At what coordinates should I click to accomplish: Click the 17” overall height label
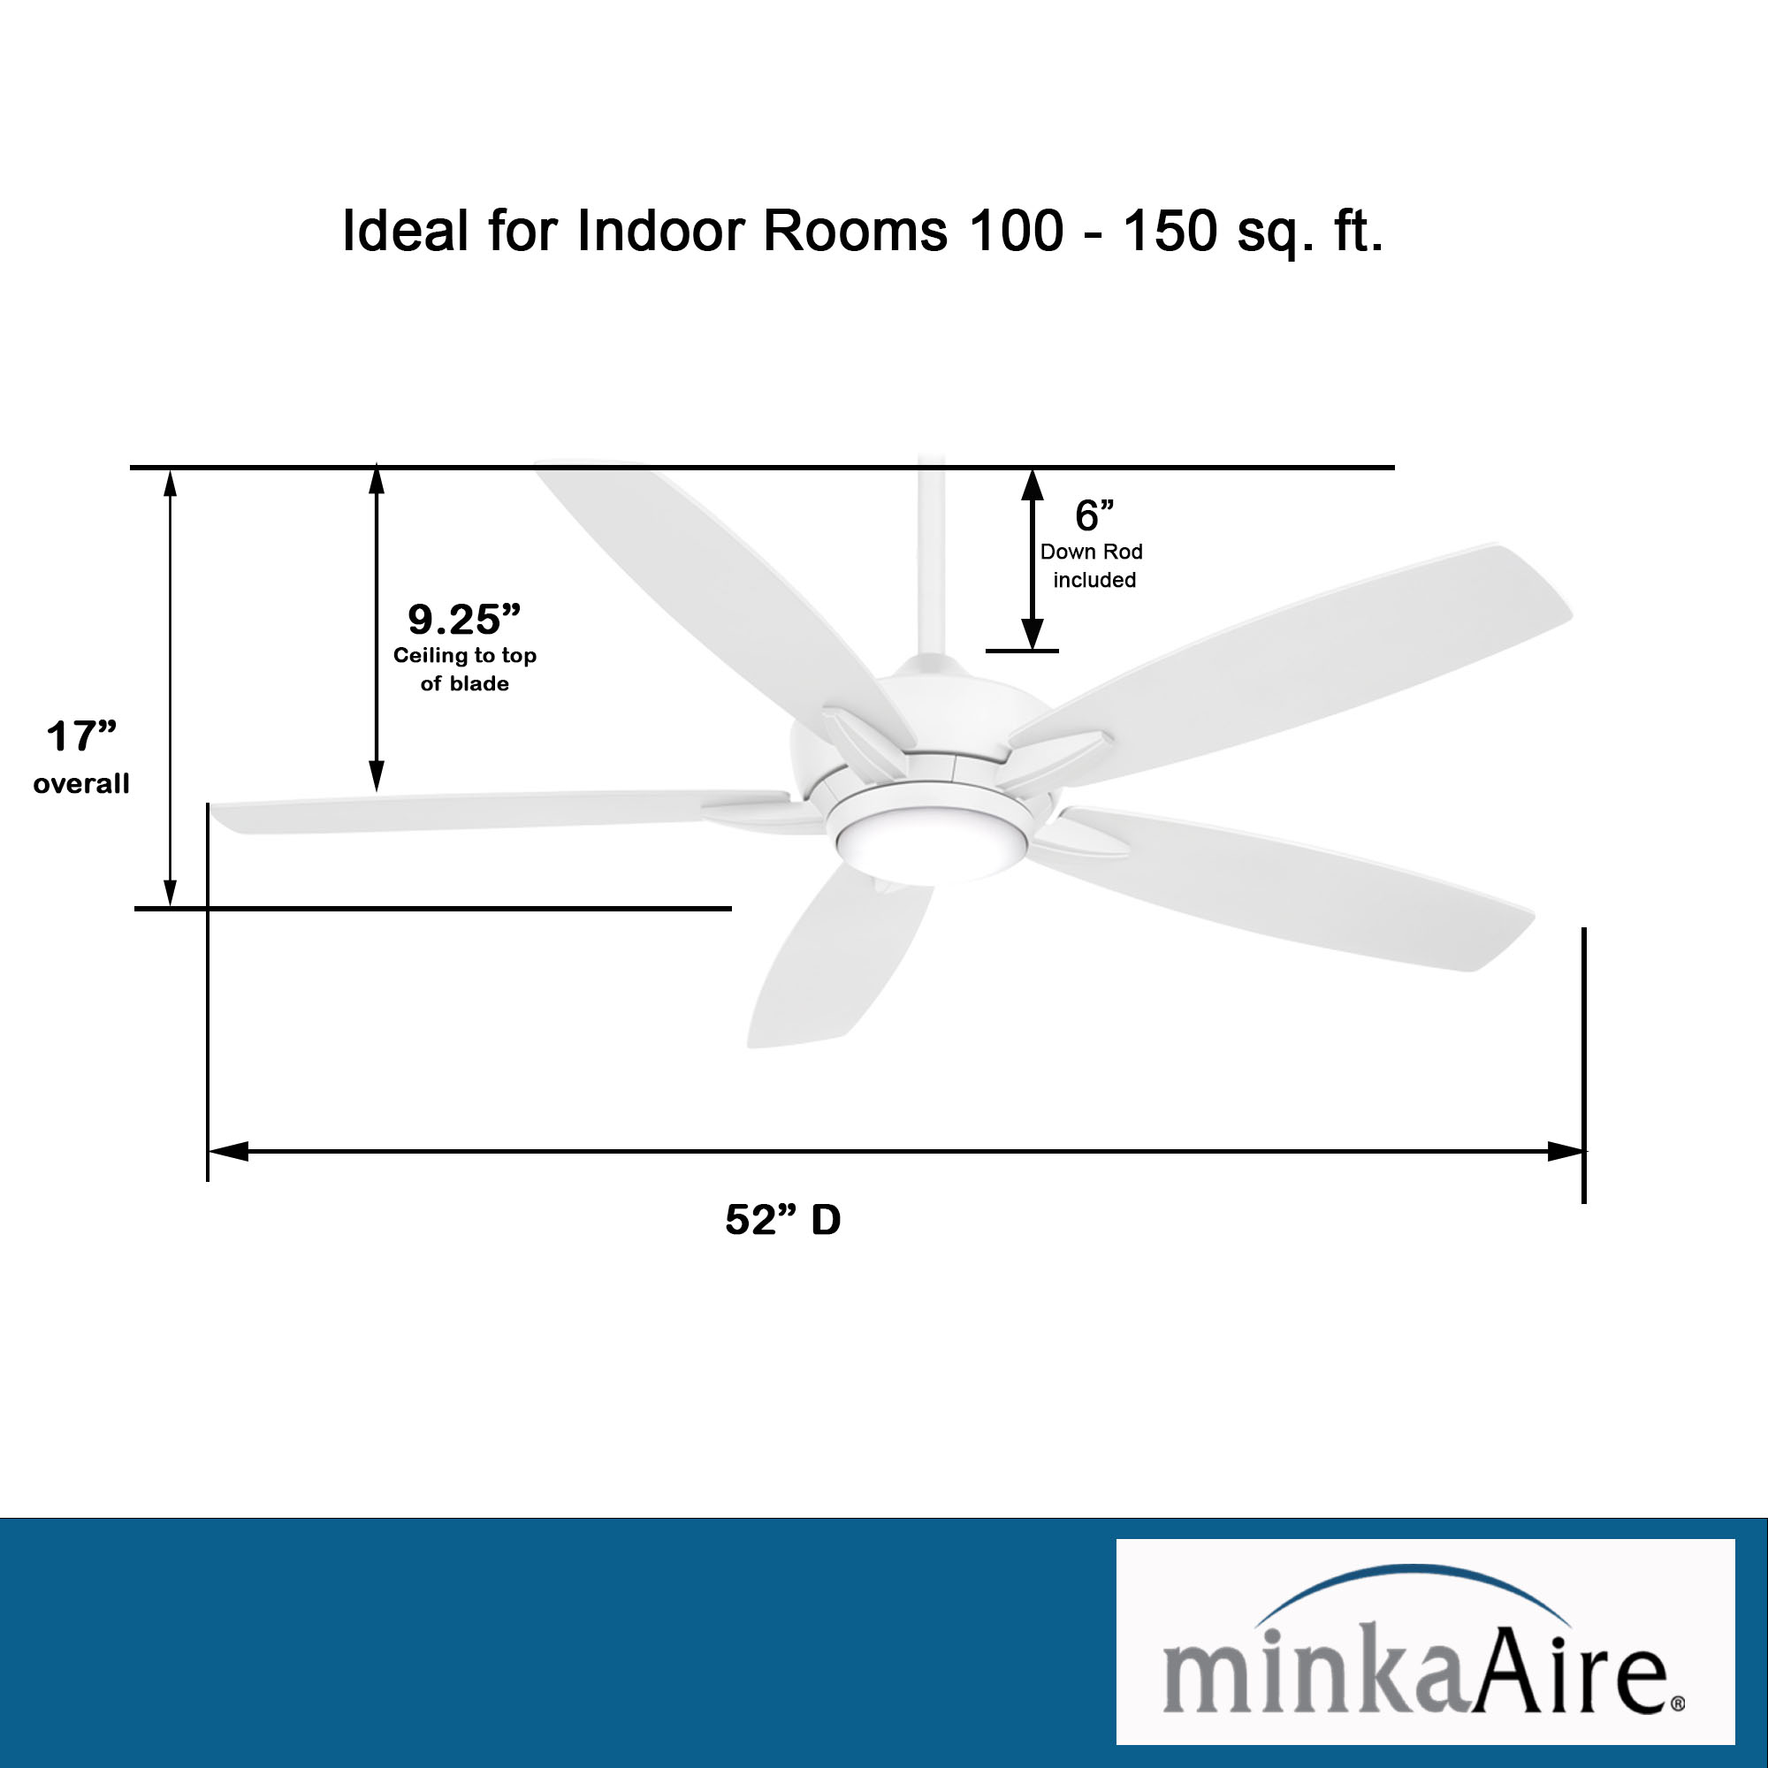coord(81,737)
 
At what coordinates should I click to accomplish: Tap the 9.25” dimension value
coord(464,620)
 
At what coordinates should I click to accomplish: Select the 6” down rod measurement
coord(1094,515)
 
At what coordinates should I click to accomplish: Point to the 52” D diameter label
coord(782,1220)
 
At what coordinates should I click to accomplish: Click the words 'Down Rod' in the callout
coord(1091,552)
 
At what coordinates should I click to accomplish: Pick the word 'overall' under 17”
coord(81,784)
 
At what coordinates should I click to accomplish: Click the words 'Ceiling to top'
coord(465,655)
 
